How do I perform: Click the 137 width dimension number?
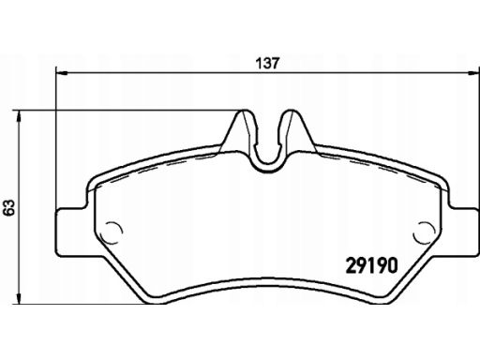pyautogui.click(x=267, y=64)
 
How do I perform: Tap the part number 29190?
pyautogui.click(x=372, y=265)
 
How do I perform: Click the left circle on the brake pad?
pyautogui.click(x=112, y=232)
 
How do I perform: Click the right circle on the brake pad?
pyautogui.click(x=424, y=232)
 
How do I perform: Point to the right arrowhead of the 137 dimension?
pyautogui.click(x=472, y=73)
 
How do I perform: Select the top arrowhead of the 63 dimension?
pyautogui.click(x=20, y=116)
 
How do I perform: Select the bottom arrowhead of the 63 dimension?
pyautogui.click(x=20, y=298)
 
